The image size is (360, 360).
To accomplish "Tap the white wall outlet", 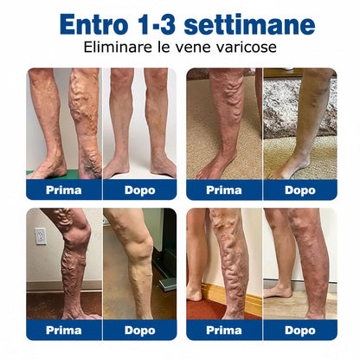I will point(41,236).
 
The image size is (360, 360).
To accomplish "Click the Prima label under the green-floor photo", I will point(64,190).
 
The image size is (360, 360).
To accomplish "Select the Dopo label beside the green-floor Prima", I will point(140,190).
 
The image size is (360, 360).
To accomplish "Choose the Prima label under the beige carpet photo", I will point(224,190).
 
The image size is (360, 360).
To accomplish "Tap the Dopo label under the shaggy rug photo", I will point(300,190).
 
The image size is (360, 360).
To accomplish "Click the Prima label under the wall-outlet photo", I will point(64,330).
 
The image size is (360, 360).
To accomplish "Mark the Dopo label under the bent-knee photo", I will point(140,330).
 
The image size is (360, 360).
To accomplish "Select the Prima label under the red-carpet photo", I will point(224,330).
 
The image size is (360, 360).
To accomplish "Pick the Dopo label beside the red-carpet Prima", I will point(300,330).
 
